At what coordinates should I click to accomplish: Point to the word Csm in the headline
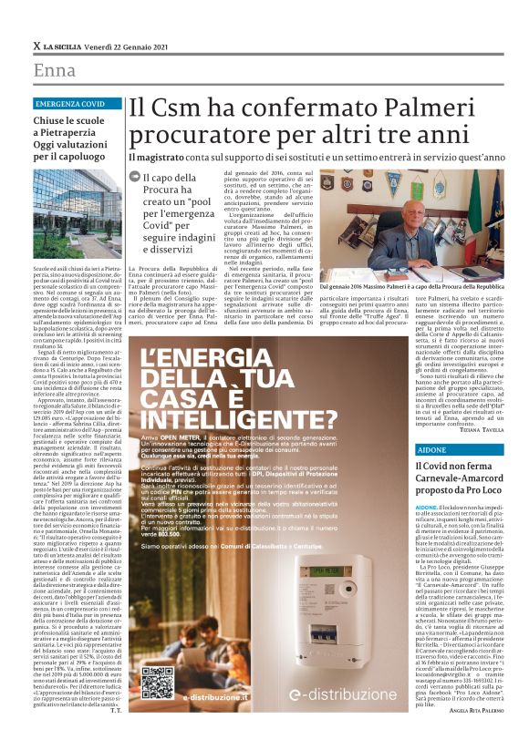[182, 108]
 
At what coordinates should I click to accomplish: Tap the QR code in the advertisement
[153, 683]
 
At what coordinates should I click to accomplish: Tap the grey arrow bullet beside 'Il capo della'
[134, 178]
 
